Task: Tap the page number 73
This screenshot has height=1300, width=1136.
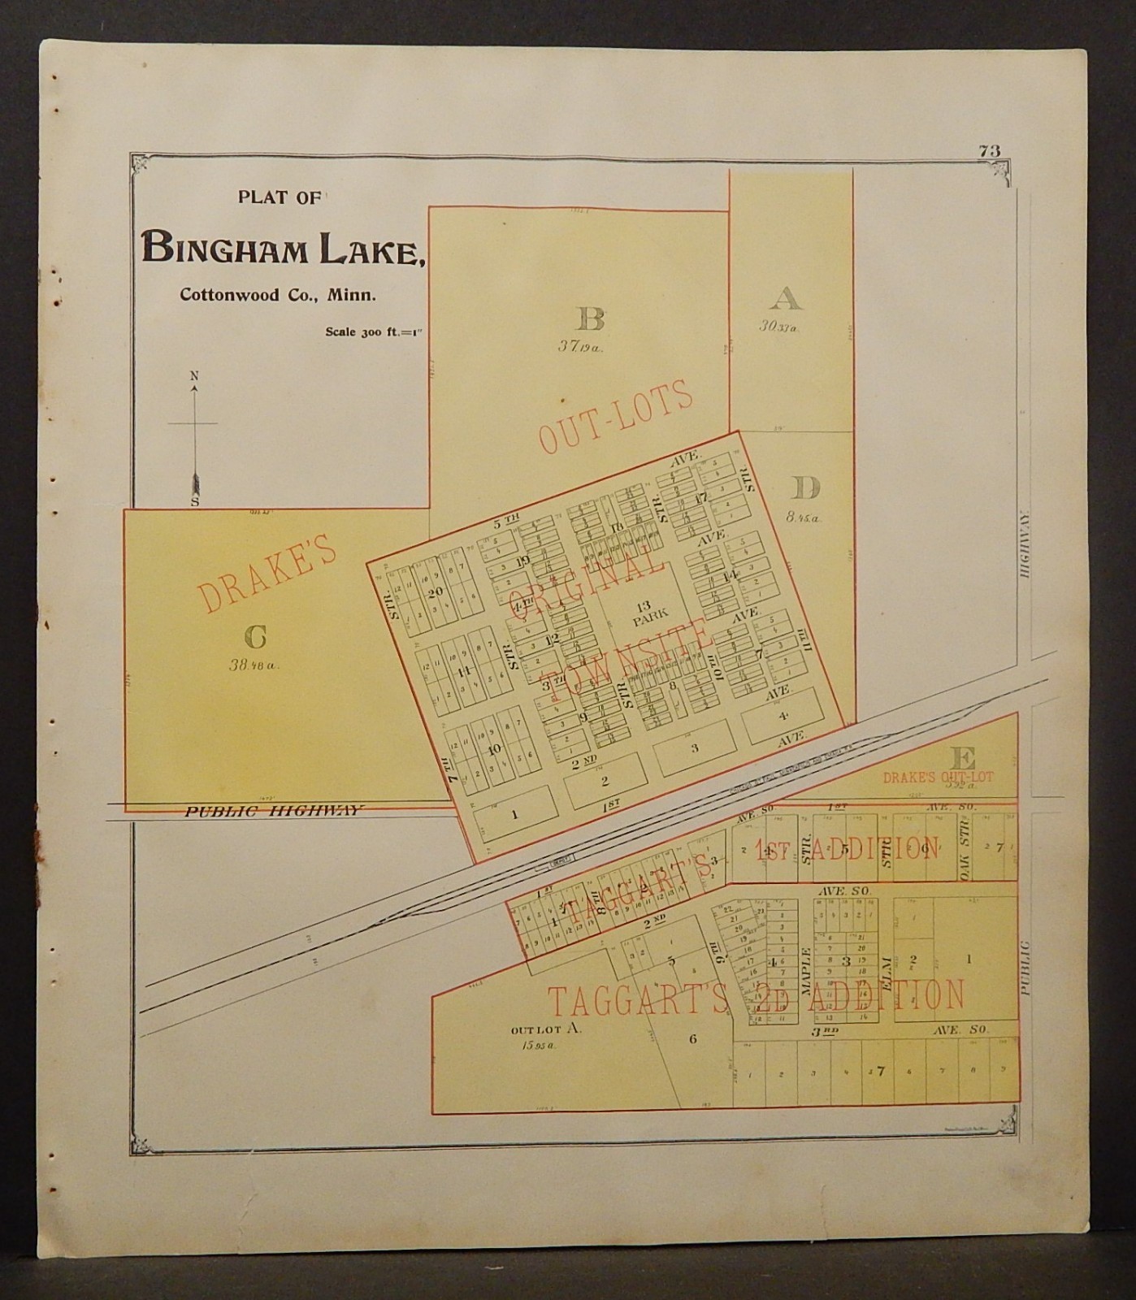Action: [x=989, y=150]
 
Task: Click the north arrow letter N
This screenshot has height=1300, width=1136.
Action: [x=193, y=375]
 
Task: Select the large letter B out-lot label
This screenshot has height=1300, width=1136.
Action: [x=590, y=319]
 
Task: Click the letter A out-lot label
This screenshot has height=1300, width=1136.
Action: [x=786, y=299]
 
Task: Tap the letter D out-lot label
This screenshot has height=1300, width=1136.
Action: [x=806, y=488]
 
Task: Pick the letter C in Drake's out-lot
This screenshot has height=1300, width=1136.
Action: [x=254, y=638]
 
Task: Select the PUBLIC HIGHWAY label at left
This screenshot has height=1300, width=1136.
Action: [x=275, y=810]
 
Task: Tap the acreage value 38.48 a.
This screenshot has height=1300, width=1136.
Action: [x=254, y=665]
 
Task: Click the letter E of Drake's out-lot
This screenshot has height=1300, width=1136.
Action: [x=962, y=760]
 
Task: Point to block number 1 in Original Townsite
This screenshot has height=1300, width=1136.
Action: [x=514, y=813]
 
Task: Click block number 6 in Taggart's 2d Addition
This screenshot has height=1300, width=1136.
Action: [x=692, y=1038]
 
